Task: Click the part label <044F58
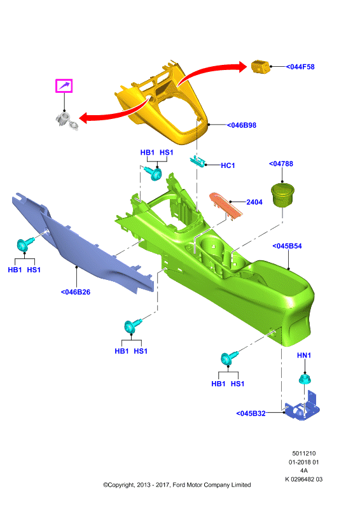point(300,67)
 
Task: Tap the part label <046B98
point(242,125)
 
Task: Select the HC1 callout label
point(228,165)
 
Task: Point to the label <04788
point(281,164)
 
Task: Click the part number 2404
point(254,202)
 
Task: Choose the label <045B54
point(287,246)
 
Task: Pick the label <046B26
point(76,292)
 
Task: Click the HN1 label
point(304,356)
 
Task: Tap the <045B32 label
point(251,414)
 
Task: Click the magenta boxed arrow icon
point(64,86)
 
